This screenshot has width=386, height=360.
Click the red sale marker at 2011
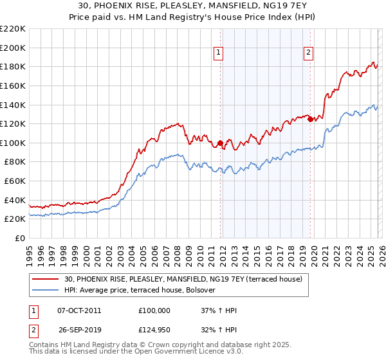tap(220, 143)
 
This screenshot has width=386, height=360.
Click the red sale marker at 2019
tap(310, 119)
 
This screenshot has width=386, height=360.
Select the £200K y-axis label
tap(13, 48)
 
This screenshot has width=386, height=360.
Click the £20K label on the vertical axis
tap(15, 219)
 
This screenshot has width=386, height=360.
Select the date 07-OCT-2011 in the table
tap(79, 310)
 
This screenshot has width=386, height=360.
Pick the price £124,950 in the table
tap(154, 331)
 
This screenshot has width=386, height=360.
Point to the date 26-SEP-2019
tap(79, 331)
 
